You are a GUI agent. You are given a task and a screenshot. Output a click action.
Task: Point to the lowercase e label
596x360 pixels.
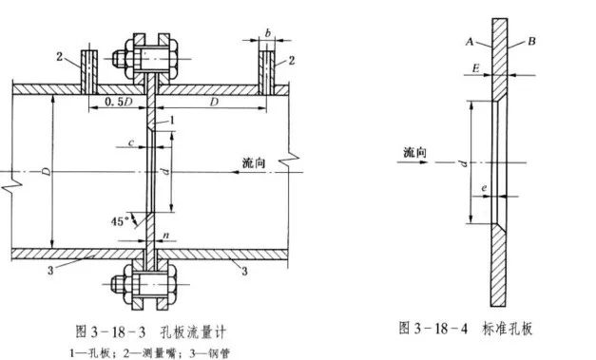(x=484, y=191)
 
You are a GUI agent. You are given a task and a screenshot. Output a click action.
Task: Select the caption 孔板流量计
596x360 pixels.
(x=201, y=330)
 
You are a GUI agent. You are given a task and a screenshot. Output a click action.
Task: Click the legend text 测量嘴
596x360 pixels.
(x=158, y=352)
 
